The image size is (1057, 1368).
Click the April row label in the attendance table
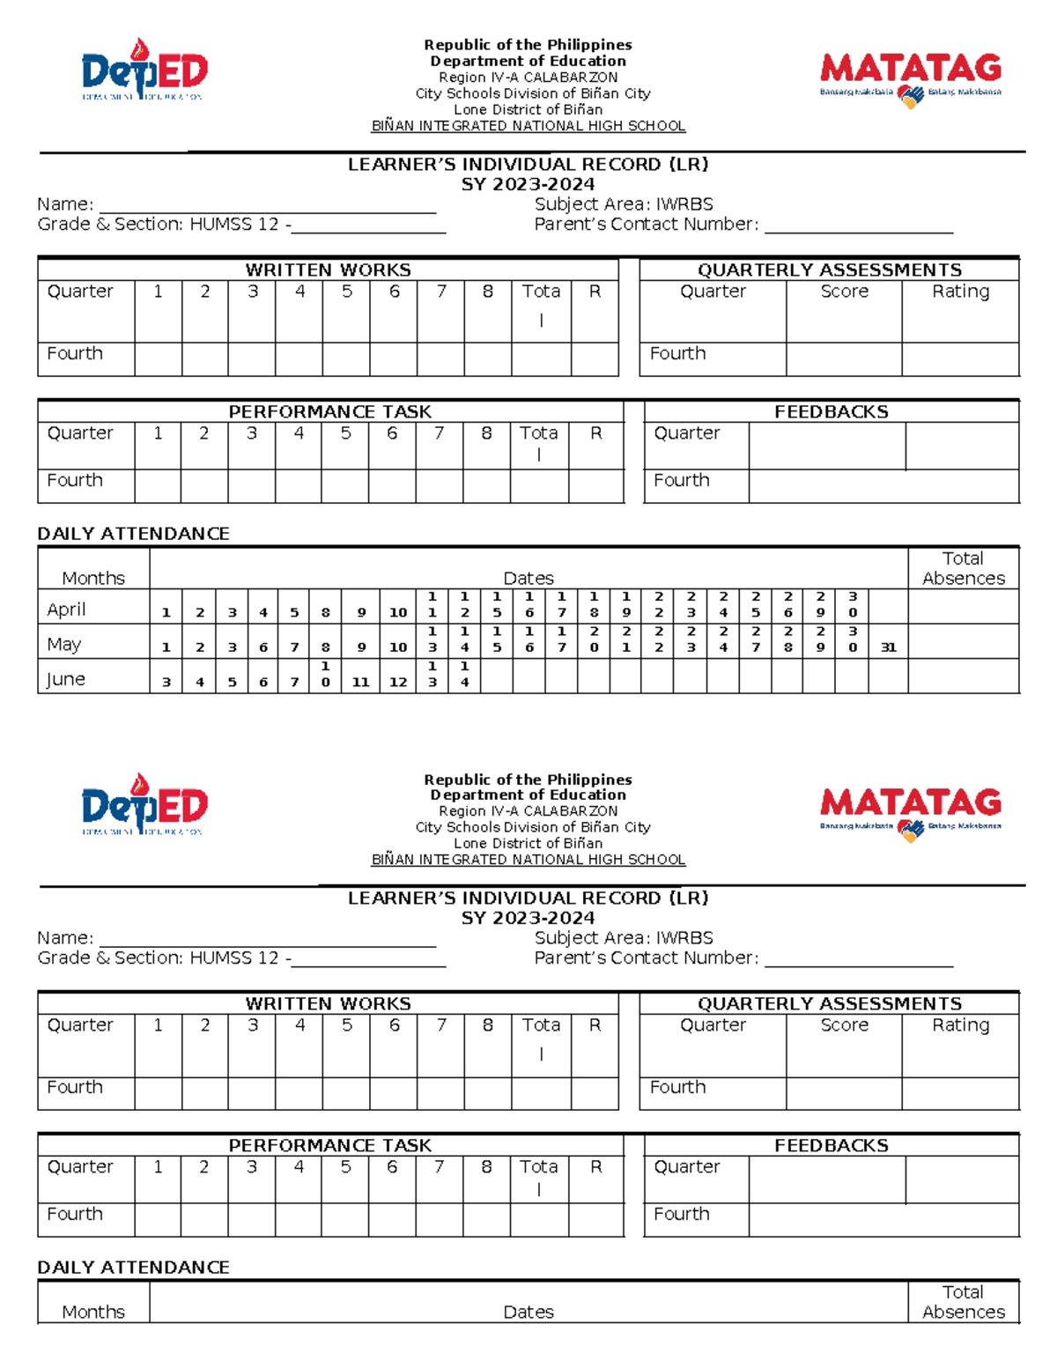66,610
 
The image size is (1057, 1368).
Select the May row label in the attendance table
64,645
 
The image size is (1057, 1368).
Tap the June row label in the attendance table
66,679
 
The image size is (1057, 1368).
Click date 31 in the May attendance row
888,647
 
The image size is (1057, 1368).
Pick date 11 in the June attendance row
361,682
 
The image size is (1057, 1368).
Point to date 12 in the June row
398,682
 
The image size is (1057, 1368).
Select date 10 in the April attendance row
398,612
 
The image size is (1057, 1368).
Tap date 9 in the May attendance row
361,647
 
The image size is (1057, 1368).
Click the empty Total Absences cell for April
963,607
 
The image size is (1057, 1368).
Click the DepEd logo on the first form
144,70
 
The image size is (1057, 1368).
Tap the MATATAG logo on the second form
910,809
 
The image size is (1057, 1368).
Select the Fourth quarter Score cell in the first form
844,359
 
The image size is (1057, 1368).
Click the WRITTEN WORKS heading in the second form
328,1003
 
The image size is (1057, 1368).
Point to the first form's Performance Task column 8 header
486,433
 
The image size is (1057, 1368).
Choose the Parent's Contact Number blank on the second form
859,958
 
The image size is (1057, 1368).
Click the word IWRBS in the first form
684,204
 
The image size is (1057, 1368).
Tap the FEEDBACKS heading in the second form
831,1145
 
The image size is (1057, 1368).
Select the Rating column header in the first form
960,292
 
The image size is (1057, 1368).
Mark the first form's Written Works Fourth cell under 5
346,359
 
